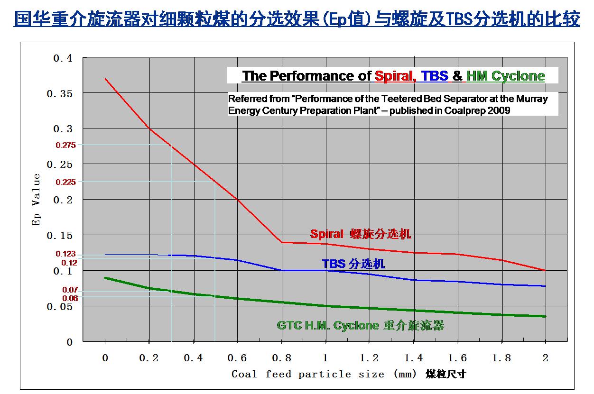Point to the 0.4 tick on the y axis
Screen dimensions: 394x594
pyautogui.click(x=63, y=58)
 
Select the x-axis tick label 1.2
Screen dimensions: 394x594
pyautogui.click(x=369, y=358)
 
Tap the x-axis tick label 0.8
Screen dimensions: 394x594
pyautogui.click(x=281, y=358)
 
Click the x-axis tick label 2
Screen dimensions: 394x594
pyautogui.click(x=546, y=358)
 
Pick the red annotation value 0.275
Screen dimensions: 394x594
pyautogui.click(x=65, y=146)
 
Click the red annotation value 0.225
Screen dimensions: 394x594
pyautogui.click(x=65, y=182)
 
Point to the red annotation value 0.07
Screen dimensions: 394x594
pyautogui.click(x=70, y=290)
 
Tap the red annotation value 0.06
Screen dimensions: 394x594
pyautogui.click(x=70, y=298)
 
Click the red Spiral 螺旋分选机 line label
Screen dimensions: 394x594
pyautogui.click(x=361, y=234)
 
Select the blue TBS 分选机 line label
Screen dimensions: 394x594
pyautogui.click(x=353, y=264)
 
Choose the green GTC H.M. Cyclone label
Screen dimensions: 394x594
pyautogui.click(x=360, y=326)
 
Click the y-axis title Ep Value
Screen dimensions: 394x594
pyautogui.click(x=37, y=200)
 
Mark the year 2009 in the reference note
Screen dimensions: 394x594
pyautogui.click(x=500, y=110)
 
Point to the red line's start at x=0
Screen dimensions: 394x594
pyautogui.click(x=105, y=79)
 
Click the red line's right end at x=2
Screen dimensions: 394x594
pyautogui.click(x=546, y=270)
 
